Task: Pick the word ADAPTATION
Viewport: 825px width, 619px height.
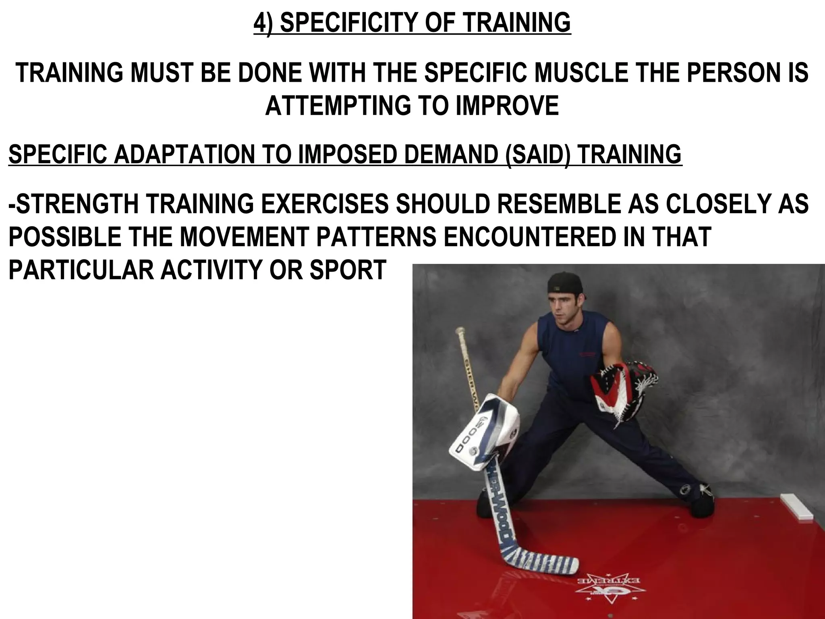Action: (182, 154)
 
